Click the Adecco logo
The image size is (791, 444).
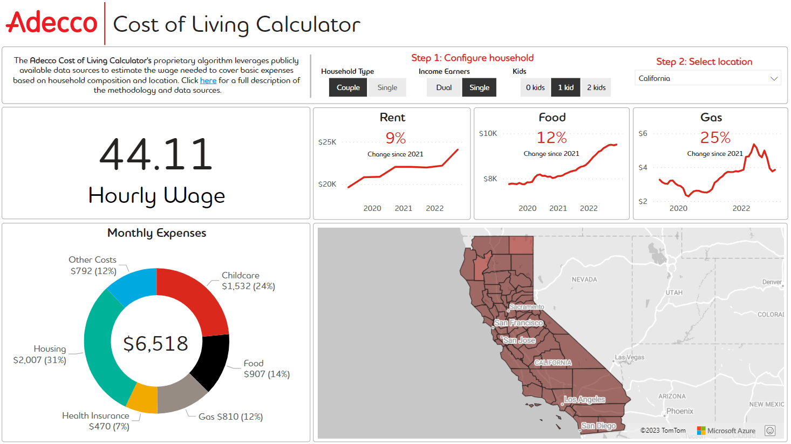click(x=52, y=23)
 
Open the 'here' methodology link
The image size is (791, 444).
click(x=208, y=80)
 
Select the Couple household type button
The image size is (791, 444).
click(x=348, y=87)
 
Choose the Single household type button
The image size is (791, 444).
click(x=387, y=87)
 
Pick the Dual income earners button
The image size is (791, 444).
click(x=444, y=87)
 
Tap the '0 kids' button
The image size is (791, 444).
click(x=535, y=87)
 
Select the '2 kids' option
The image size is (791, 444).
click(x=596, y=87)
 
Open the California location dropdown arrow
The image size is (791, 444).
click(x=774, y=79)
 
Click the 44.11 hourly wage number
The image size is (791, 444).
click(x=156, y=155)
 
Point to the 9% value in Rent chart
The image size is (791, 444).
click(x=395, y=138)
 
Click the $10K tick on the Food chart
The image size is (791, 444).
click(x=488, y=133)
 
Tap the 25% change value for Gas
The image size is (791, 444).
click(x=715, y=138)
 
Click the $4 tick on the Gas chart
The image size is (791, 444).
click(x=643, y=167)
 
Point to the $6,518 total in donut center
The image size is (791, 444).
click(x=156, y=344)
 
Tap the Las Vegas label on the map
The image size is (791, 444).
click(x=630, y=357)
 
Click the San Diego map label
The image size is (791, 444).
click(x=598, y=426)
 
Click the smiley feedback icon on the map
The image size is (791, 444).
click(x=770, y=431)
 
